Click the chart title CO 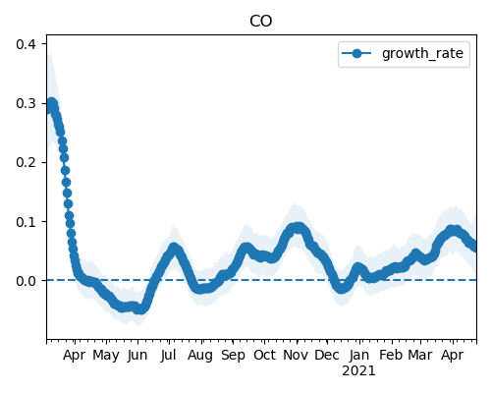(x=260, y=22)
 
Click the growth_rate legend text (x=422, y=53)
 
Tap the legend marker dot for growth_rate (x=356, y=53)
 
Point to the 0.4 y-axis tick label (x=27, y=44)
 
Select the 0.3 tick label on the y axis (x=27, y=103)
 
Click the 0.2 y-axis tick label (x=27, y=162)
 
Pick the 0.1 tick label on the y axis (x=27, y=222)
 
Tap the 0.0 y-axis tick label (x=27, y=281)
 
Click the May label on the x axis (x=106, y=356)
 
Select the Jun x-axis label (x=137, y=356)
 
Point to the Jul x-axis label (x=168, y=356)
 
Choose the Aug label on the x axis (x=200, y=356)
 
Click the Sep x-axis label (x=233, y=356)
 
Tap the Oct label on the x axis (x=264, y=355)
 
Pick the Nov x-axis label (x=296, y=355)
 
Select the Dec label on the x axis (x=327, y=355)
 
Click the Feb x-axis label (x=391, y=355)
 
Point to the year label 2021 (x=358, y=371)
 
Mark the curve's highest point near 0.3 (x=52, y=103)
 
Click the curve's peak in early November (x=298, y=227)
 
